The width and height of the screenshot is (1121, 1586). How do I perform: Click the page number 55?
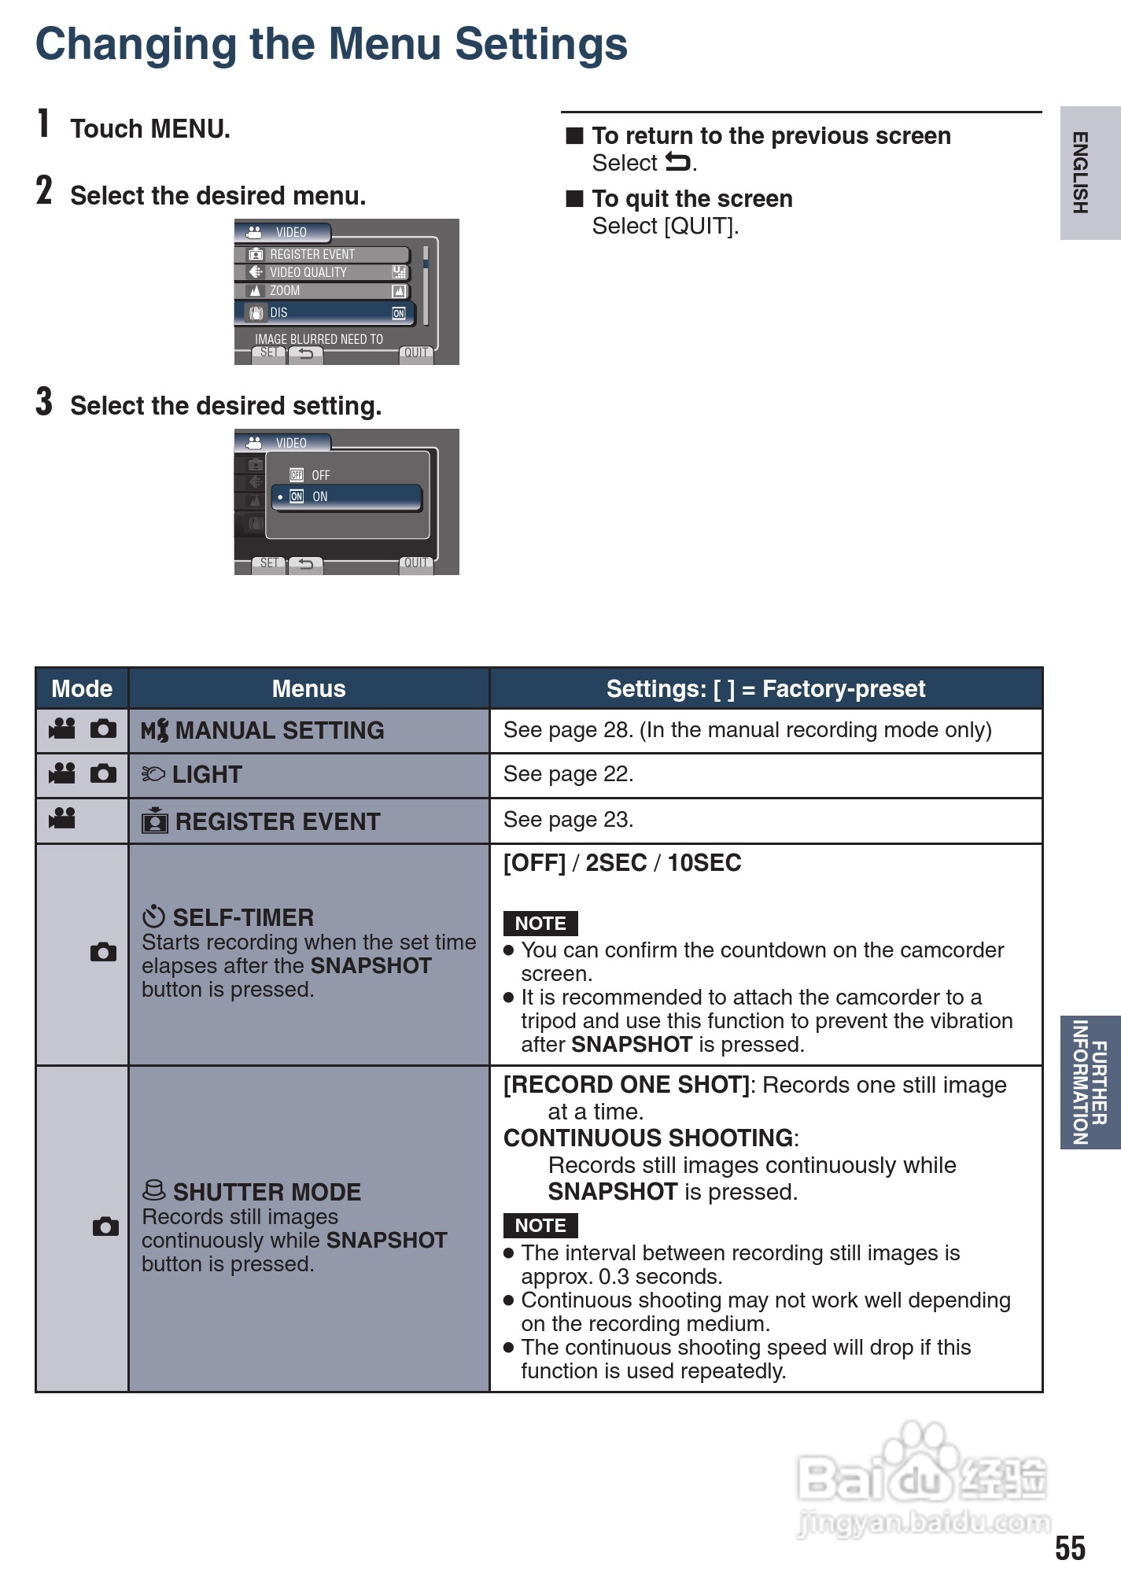1070,1547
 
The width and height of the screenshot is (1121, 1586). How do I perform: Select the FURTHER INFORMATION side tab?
1090,1082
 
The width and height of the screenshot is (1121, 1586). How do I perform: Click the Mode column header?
82,688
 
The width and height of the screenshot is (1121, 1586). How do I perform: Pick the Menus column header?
308,688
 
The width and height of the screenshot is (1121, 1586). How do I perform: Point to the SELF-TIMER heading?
242,917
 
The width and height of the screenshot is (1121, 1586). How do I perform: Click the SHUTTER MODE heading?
266,1192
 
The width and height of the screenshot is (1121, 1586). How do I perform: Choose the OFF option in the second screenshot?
320,475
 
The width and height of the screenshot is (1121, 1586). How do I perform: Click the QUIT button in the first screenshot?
415,352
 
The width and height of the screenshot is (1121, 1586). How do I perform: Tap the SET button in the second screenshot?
268,563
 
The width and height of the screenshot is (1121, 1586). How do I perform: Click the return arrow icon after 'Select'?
678,162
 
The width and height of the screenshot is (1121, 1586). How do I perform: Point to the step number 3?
44,402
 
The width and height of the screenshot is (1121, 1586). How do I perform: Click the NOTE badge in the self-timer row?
540,923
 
